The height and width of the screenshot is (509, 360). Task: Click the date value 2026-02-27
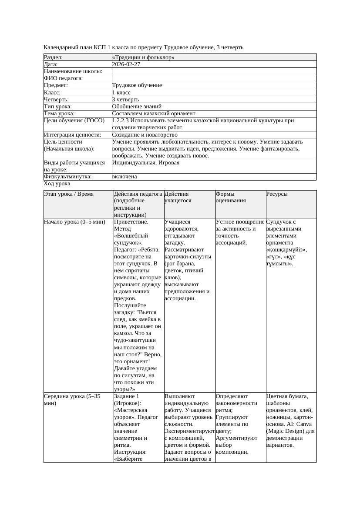126,64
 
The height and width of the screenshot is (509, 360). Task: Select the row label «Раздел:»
54,57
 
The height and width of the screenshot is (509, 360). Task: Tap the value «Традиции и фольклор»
143,57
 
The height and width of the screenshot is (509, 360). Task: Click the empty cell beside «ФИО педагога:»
214,78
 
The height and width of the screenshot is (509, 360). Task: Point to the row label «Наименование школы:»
73,71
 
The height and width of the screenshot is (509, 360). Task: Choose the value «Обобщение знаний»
137,107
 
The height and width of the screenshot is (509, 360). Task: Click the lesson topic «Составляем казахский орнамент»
154,114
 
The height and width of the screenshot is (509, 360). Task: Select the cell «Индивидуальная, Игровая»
146,163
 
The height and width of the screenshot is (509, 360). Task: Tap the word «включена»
124,177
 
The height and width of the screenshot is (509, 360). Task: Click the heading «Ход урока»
57,184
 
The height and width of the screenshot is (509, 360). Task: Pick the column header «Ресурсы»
277,194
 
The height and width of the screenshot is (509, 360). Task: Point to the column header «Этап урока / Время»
69,194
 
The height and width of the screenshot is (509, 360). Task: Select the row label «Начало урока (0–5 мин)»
75,222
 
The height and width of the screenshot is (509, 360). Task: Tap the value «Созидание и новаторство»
145,135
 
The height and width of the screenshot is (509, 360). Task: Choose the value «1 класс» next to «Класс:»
121,93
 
